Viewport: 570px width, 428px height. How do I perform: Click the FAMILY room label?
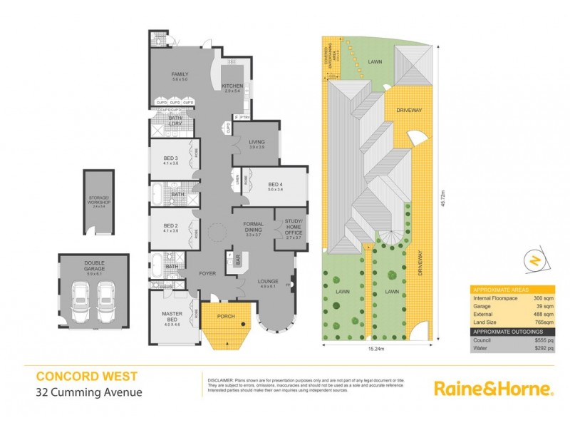click(179, 75)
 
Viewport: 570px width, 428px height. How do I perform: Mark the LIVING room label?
click(256, 144)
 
